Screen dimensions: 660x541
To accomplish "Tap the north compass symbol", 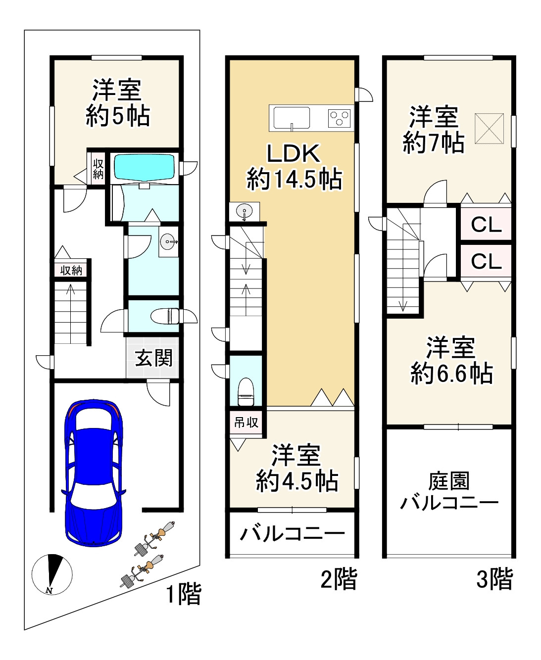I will [52, 573].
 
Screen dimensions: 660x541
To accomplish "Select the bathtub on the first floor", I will [145, 168].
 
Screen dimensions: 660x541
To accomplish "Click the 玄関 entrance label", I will [154, 357].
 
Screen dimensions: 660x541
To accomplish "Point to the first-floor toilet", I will [165, 315].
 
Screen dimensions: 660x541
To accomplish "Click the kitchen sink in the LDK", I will [292, 118].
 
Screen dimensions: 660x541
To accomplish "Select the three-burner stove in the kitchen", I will [339, 118].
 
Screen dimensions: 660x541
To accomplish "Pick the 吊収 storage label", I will [246, 423].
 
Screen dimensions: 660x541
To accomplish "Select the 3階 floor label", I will [494, 579].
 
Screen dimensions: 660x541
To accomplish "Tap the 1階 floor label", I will [183, 594].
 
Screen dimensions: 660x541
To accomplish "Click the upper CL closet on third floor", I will [486, 225].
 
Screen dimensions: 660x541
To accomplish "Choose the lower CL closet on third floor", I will [486, 261].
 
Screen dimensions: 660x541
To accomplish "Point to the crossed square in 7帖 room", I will [489, 129].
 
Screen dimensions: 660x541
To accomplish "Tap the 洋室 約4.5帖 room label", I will [297, 468].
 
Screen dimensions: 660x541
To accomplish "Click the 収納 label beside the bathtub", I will [98, 168].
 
